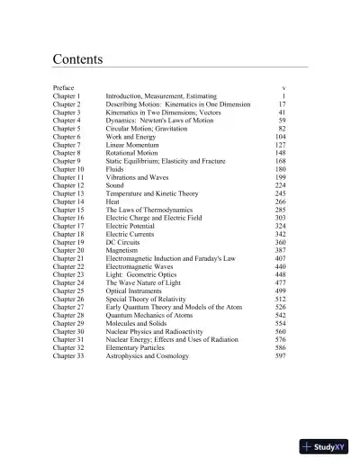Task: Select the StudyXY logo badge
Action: tap(325, 446)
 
